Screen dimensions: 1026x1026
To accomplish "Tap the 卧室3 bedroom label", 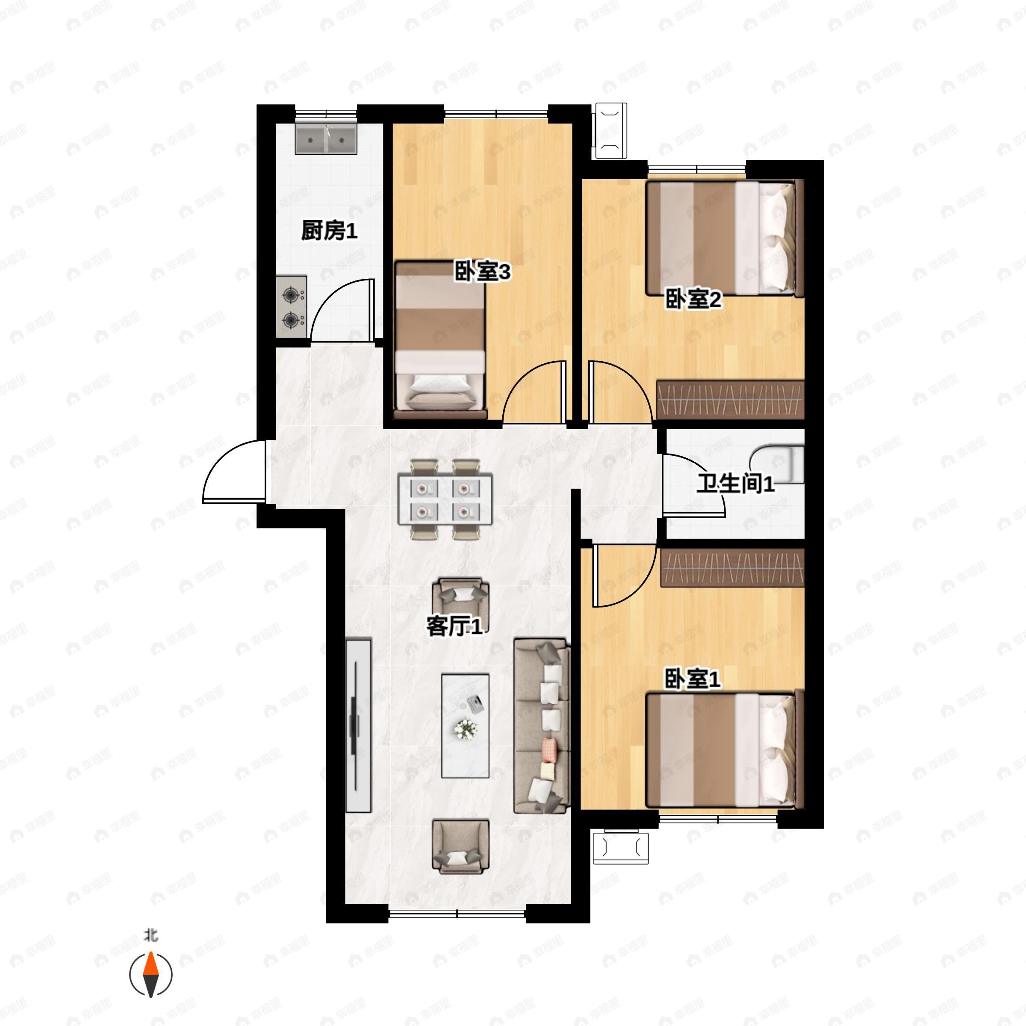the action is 482,272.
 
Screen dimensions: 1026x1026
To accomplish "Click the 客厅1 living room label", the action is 454,627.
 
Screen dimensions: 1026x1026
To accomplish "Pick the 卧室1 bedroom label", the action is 693,679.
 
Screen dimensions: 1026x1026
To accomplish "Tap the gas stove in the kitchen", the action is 291,307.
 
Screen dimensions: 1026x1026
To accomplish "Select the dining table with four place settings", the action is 445,499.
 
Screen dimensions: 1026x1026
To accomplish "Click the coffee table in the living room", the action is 465,726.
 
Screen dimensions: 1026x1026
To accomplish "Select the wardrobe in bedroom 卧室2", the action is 731,400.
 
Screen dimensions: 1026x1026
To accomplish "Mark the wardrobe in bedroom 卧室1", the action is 732,568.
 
